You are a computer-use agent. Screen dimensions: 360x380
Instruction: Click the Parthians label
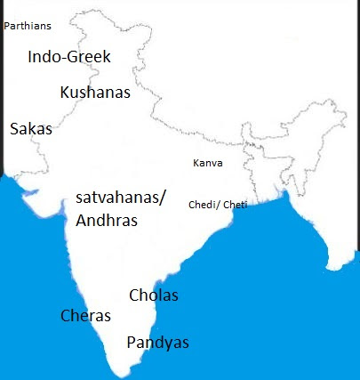(28, 27)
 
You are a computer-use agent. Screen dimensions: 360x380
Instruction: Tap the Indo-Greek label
(69, 57)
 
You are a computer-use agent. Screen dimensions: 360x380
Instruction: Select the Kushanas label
(95, 93)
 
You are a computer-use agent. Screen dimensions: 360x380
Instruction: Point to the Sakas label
(31, 129)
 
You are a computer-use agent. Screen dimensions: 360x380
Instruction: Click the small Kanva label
(208, 164)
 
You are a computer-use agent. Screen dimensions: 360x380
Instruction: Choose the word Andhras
(107, 221)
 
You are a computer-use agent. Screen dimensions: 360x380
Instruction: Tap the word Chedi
(201, 205)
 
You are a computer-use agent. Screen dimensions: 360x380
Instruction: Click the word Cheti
(234, 205)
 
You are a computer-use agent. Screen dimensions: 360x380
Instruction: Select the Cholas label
(154, 295)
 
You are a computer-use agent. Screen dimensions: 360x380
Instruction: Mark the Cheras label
(85, 316)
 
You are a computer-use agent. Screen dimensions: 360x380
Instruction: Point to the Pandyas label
(157, 343)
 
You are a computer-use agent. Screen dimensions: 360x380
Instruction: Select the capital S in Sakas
(14, 129)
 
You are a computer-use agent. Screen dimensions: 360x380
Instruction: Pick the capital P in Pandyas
(132, 343)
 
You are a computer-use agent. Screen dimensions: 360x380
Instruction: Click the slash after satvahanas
(163, 198)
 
